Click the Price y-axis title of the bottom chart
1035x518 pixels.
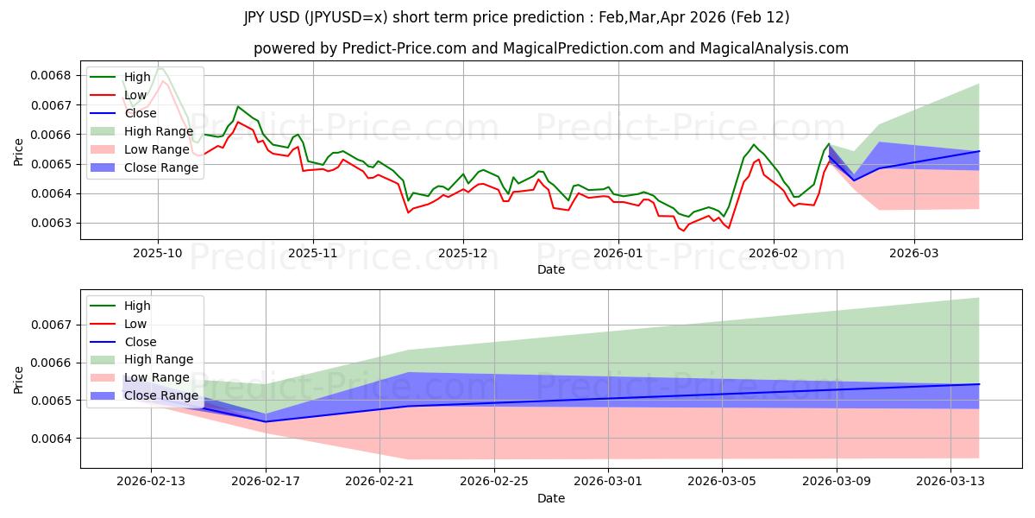click(x=20, y=378)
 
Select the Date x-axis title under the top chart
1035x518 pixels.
click(x=550, y=269)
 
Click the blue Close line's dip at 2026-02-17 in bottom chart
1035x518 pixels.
click(x=266, y=421)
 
